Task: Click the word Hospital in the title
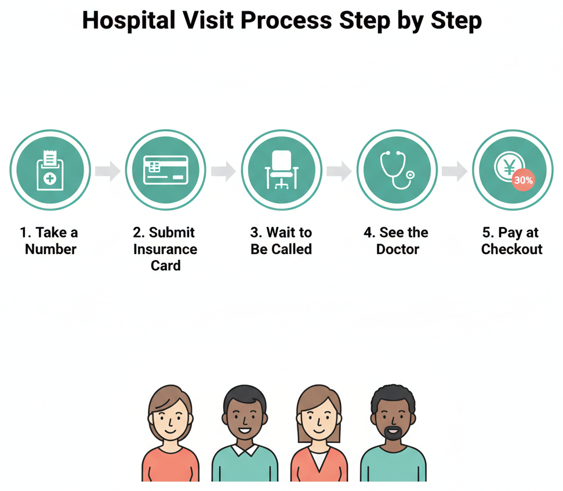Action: (128, 20)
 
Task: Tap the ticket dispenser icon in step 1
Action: (50, 170)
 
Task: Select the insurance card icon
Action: (165, 170)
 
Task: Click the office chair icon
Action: (281, 170)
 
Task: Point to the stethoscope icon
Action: (397, 170)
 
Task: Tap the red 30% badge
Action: (523, 180)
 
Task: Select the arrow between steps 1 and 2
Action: (107, 171)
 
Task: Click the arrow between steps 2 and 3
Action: (223, 171)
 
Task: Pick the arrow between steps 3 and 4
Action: (339, 171)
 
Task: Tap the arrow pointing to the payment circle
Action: (454, 171)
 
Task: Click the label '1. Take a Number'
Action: (50, 241)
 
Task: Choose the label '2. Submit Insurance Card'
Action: (165, 249)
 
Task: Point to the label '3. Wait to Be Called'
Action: (281, 241)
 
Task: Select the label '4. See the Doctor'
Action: (397, 241)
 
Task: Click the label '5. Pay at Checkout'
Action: (511, 241)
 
